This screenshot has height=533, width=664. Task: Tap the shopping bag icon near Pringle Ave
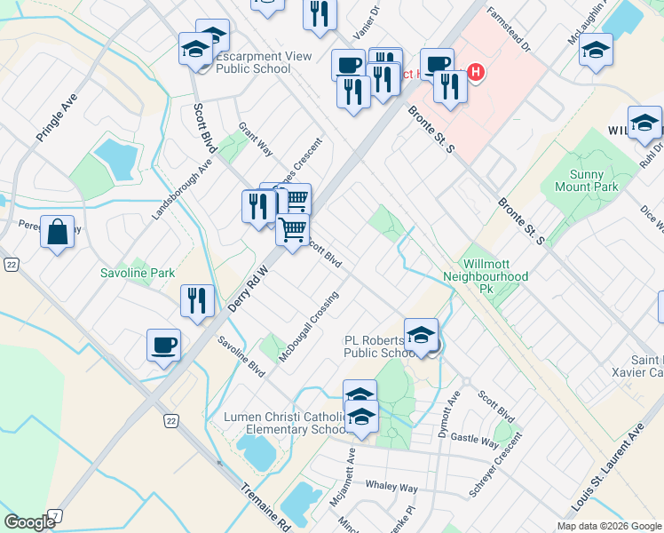(57, 232)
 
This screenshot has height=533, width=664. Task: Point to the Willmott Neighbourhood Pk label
(495, 270)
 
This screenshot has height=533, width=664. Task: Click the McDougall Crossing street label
(309, 327)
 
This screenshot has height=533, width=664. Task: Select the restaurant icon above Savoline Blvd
(197, 299)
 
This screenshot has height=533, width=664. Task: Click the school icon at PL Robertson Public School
(421, 337)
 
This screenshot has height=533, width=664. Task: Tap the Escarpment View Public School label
(265, 62)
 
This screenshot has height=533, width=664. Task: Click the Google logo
(29, 521)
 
